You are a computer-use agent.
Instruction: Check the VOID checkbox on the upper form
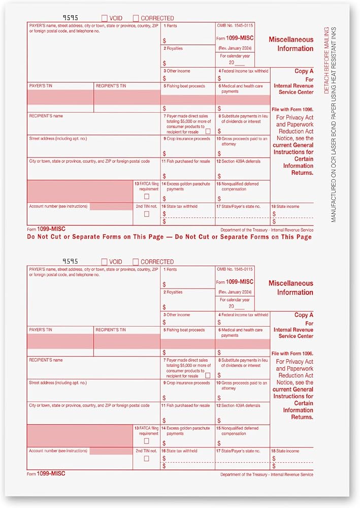click(x=105, y=18)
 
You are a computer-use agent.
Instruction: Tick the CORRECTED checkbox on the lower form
click(x=136, y=262)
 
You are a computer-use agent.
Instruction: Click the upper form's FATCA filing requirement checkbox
click(x=146, y=196)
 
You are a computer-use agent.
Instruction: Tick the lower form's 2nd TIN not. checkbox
click(x=146, y=458)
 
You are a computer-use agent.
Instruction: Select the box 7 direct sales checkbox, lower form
click(x=208, y=375)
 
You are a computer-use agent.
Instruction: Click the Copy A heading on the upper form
click(x=304, y=72)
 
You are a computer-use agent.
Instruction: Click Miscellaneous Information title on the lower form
click(x=291, y=288)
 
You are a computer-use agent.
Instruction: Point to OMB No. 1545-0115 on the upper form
click(x=235, y=25)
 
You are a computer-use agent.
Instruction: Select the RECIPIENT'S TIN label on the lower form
click(x=111, y=330)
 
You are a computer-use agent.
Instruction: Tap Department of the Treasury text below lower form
click(x=267, y=474)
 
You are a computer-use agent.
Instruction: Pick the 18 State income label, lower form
click(x=285, y=451)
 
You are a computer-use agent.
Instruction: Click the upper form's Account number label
click(x=58, y=206)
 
